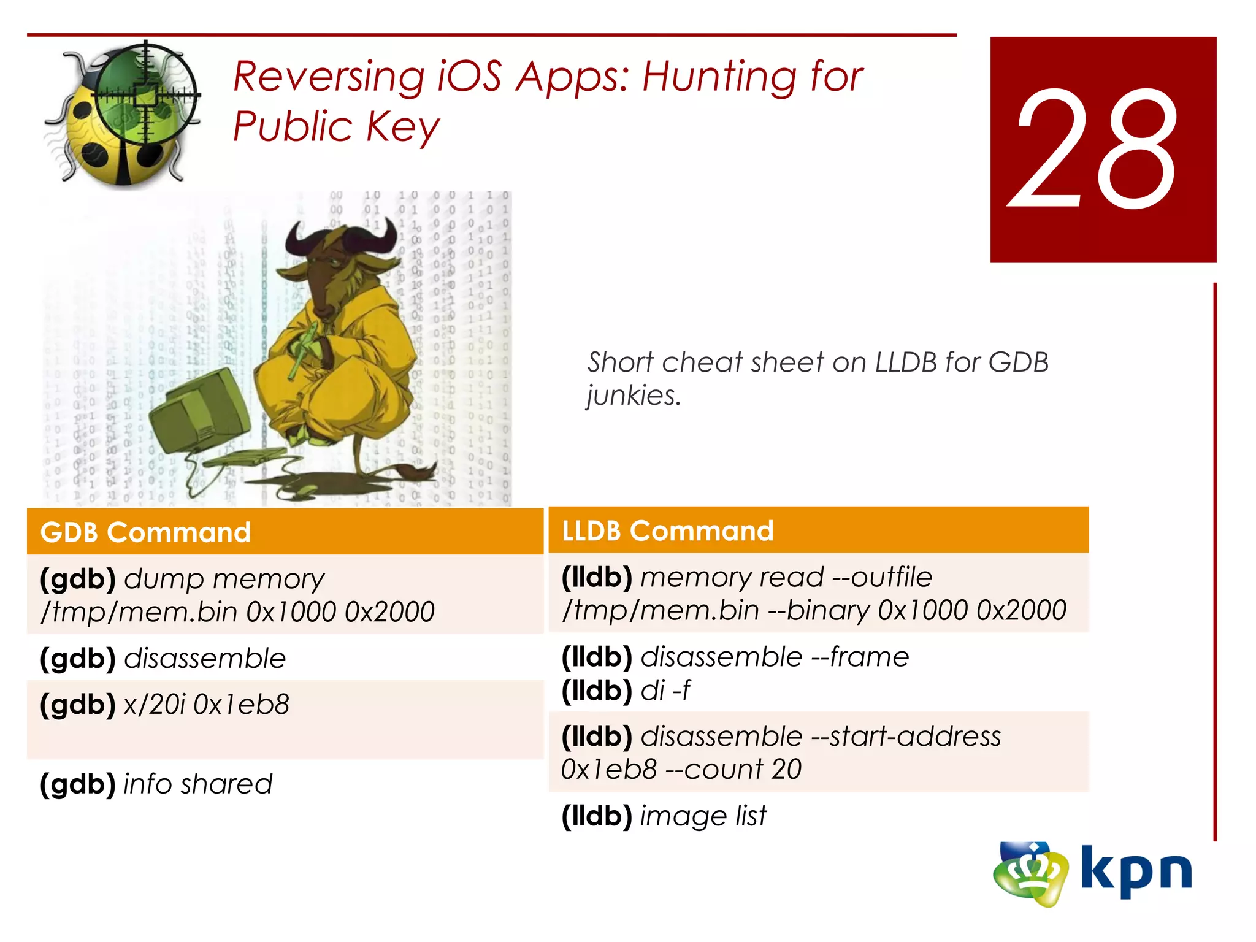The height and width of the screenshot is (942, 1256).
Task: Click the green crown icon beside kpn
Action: [x=1030, y=874]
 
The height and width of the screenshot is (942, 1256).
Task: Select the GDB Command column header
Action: [x=146, y=532]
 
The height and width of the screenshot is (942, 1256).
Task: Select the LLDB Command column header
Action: [x=668, y=531]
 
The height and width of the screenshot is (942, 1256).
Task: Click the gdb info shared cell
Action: [x=156, y=784]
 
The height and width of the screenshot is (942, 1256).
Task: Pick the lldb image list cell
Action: [x=664, y=816]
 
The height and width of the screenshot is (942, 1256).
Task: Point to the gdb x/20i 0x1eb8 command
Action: [x=164, y=705]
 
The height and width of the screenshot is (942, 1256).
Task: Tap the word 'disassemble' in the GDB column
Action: [x=205, y=659]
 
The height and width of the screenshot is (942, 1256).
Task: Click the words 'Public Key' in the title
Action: [x=336, y=128]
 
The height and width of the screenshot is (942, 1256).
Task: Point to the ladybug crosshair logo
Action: [x=123, y=113]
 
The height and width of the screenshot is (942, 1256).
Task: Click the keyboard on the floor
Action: [x=245, y=459]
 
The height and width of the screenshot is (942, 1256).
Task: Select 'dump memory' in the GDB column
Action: [x=224, y=579]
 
